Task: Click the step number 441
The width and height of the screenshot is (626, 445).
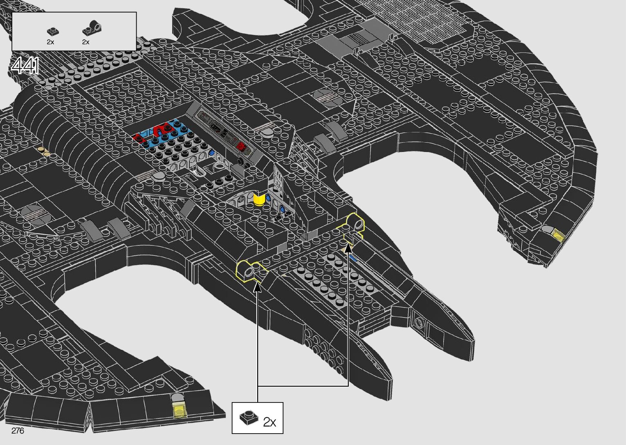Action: pos(25,66)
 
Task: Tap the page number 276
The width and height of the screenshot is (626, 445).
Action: pos(18,431)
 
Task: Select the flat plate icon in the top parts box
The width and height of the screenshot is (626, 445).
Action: pos(52,31)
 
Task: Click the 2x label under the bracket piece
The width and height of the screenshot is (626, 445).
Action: pos(85,42)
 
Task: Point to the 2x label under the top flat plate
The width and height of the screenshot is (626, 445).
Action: pos(50,42)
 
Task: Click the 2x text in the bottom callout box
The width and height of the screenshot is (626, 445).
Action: pos(269,422)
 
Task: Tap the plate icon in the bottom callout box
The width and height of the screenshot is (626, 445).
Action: pos(249,418)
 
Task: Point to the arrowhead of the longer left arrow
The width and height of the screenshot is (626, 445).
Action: pos(258,286)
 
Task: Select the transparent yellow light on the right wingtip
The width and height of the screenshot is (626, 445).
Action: pos(558,235)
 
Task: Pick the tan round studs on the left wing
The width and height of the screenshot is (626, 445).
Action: pos(44,151)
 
